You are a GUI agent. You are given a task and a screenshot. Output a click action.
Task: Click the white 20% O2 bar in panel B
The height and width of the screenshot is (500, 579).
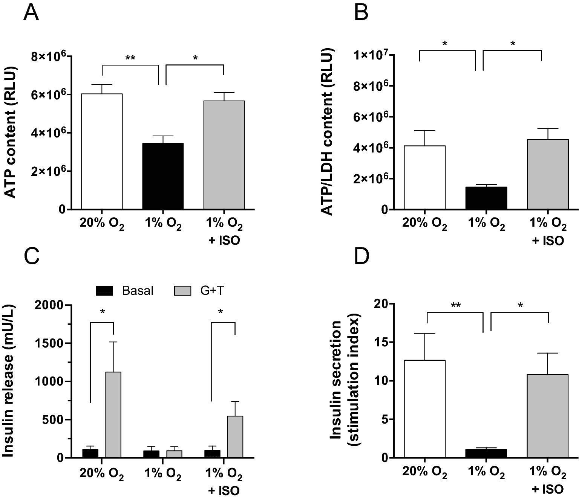pos(425,177)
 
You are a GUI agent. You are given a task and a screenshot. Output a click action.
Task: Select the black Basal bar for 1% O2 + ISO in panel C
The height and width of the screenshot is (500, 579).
pos(212,454)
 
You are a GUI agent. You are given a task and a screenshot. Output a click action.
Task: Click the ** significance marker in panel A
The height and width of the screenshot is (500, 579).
pos(130,58)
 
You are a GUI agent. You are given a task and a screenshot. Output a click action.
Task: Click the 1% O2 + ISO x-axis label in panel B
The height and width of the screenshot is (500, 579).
pos(548,232)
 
